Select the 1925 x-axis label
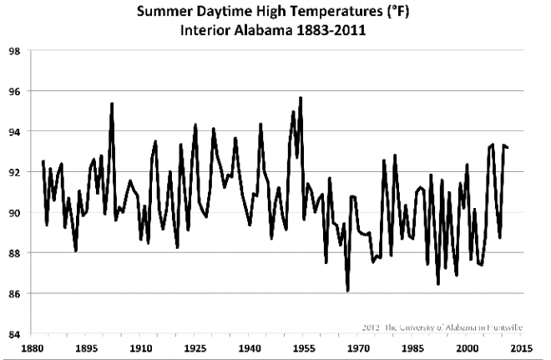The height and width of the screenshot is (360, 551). tap(195, 347)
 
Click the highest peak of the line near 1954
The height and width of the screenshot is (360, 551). tap(300, 99)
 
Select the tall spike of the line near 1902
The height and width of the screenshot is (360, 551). tap(112, 104)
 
